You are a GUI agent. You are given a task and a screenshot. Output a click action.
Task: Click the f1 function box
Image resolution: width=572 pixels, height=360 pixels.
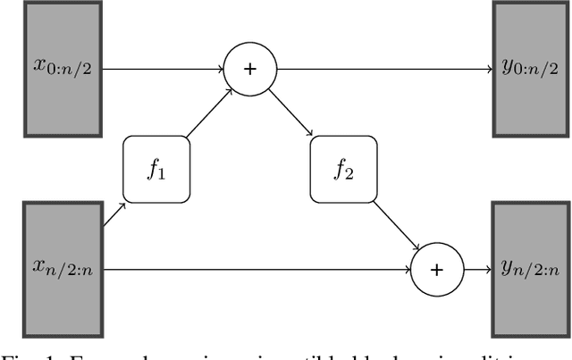(156, 169)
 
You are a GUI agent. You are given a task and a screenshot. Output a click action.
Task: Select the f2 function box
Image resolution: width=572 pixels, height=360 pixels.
(344, 169)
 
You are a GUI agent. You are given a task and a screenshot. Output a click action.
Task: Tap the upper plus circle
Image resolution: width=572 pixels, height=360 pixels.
(250, 69)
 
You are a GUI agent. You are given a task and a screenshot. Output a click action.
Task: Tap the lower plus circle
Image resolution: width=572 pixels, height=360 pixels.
(438, 268)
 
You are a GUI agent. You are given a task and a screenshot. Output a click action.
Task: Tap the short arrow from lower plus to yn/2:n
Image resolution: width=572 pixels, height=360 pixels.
(477, 268)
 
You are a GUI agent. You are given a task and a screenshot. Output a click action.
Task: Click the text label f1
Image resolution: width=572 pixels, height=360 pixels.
(156, 170)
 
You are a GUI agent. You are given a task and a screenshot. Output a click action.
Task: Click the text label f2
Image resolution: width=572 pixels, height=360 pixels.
(344, 170)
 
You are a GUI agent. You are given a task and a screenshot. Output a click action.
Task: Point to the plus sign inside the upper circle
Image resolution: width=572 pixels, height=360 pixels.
(250, 69)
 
